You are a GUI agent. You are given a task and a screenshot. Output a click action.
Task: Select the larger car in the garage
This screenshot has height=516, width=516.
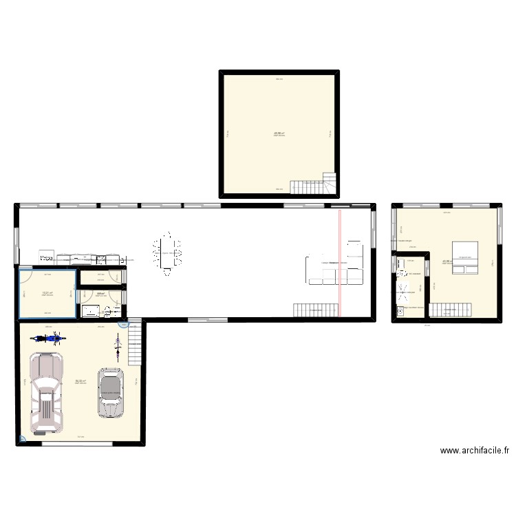click(x=46, y=393)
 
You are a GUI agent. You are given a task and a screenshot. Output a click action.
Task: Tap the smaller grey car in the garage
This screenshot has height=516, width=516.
click(x=110, y=392)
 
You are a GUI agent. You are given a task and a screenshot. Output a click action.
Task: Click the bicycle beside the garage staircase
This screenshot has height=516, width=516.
click(x=118, y=347)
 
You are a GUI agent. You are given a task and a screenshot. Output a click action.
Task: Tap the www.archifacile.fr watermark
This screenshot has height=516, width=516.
click(x=475, y=451)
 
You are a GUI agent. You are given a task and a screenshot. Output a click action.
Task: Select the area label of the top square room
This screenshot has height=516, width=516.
click(x=279, y=133)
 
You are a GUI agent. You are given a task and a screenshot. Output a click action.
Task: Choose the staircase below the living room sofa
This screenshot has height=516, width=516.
click(x=316, y=310)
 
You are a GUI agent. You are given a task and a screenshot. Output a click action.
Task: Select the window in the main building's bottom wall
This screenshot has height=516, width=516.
click(x=201, y=319)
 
